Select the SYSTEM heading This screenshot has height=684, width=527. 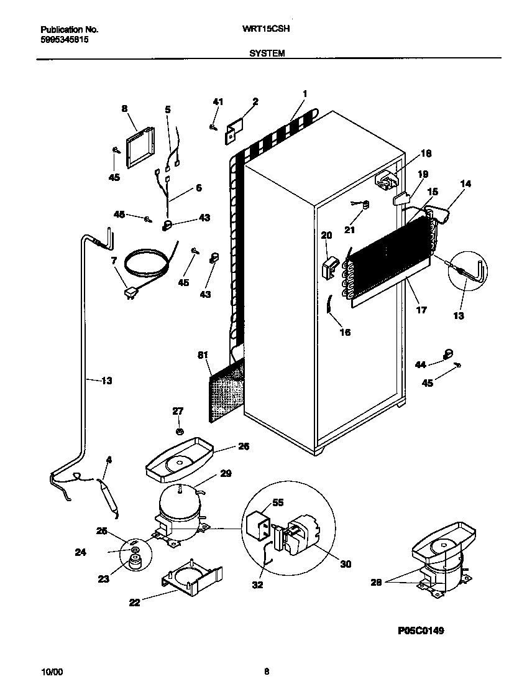pos(267,53)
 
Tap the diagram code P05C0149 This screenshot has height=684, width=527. pos(421,631)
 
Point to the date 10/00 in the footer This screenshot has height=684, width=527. pos(52,672)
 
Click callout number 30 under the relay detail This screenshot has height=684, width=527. pos(346,564)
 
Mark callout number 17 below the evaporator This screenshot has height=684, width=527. pos(421,309)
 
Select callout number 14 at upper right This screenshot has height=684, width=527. pos(465,183)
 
